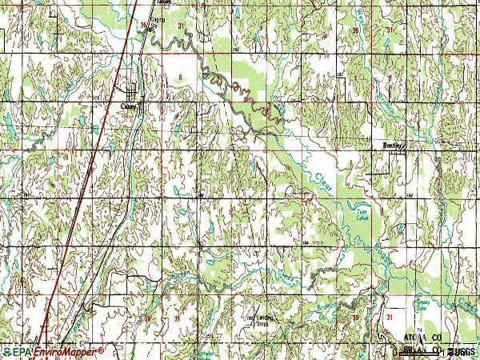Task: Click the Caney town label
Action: (x=128, y=104)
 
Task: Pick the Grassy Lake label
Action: (x=421, y=306)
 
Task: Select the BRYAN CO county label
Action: (x=422, y=350)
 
